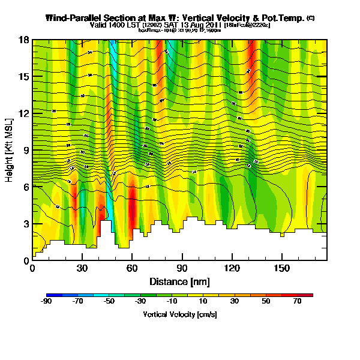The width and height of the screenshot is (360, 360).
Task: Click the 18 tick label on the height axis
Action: (24, 40)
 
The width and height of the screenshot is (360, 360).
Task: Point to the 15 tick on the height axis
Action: (24, 76)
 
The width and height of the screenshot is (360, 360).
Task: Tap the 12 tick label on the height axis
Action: (24, 113)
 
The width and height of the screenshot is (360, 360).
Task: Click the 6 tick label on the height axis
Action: (26, 187)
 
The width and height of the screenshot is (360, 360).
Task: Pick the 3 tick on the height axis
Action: (26, 224)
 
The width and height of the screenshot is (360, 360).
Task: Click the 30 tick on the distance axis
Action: (82, 267)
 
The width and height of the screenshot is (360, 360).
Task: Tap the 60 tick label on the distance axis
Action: (132, 267)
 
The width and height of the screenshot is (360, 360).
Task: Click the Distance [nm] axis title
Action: (179, 281)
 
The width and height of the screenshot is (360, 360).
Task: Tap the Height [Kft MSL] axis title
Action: (10, 150)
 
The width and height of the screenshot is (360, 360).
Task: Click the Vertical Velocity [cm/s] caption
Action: (179, 314)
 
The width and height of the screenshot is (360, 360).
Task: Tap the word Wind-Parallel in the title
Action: (70, 19)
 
